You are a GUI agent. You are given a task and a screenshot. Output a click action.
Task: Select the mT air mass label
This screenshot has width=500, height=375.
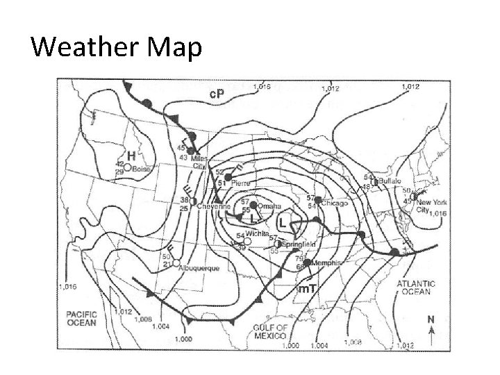pos(308,288)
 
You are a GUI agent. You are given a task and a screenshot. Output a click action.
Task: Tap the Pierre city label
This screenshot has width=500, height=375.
pos(240,183)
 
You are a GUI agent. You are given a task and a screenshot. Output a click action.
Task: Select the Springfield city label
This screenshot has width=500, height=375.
pos(300,244)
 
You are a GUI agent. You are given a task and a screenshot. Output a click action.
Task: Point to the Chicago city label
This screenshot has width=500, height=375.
pos(335,203)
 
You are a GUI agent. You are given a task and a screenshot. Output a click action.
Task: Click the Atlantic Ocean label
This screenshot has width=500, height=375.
pos(416,287)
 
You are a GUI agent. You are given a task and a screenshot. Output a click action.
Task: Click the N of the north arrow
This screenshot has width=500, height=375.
pos(431,320)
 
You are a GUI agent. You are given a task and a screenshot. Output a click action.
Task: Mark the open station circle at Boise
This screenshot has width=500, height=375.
pos(127,167)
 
